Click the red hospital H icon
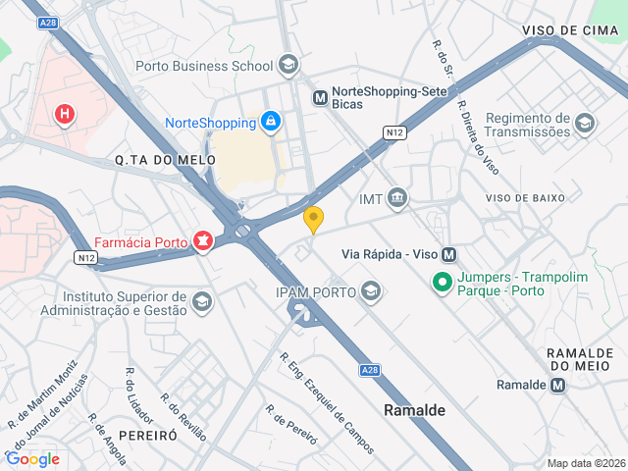click(65, 115)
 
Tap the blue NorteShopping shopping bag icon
click(270, 122)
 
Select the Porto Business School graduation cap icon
click(288, 66)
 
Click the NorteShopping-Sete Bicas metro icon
click(320, 97)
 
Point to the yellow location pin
click(314, 220)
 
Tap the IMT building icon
click(397, 199)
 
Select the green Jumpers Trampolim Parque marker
click(443, 284)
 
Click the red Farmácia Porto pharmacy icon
click(203, 240)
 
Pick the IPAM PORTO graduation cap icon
click(371, 290)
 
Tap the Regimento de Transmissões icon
click(585, 123)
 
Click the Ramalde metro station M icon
click(558, 385)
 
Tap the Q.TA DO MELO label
click(151, 159)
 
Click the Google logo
click(32, 458)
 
